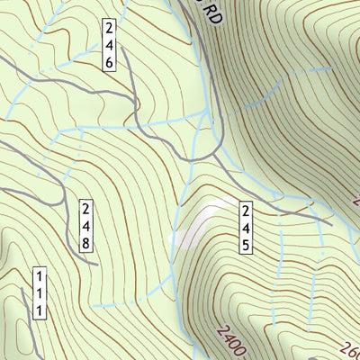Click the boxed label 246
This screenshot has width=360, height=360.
coord(109,43)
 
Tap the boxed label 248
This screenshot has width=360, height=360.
coord(86,226)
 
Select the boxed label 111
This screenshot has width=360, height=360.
coord(40,292)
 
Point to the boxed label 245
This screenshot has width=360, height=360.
coord(244,228)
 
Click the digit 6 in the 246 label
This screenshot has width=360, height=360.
coord(109,62)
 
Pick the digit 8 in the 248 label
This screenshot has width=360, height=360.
coord(86,243)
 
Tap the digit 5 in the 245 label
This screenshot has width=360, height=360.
coord(244,245)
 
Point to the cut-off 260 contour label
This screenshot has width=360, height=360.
coord(350,349)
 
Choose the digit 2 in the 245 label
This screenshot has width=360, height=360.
coord(244,211)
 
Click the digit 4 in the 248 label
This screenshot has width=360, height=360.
coord(86,226)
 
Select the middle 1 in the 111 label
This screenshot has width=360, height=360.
coord(40,292)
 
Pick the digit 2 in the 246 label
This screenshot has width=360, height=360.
coord(109,26)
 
